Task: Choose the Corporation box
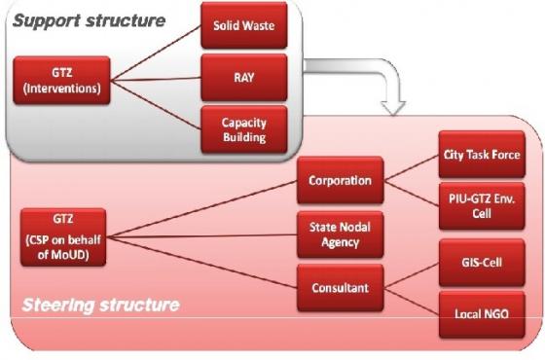click(x=340, y=181)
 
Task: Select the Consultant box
click(x=340, y=287)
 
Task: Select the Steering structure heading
click(x=101, y=306)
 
